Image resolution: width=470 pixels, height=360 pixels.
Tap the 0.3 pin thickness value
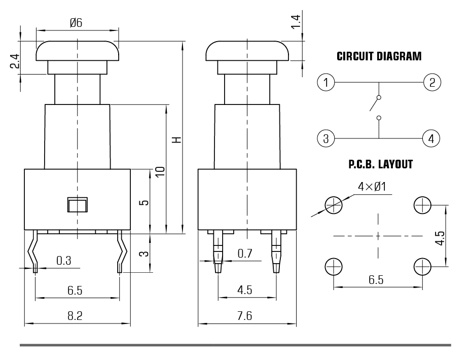point(63,260)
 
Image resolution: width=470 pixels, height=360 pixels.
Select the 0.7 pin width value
point(245,253)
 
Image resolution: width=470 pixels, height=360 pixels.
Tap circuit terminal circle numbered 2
point(431,82)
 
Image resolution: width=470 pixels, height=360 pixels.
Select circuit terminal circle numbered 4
point(431,137)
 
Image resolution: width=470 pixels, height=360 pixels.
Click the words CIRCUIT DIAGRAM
point(379,56)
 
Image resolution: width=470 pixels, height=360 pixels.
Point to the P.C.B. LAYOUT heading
point(380,164)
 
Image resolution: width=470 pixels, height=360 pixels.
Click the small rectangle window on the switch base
point(77,205)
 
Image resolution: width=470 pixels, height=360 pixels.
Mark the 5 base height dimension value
point(143,202)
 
